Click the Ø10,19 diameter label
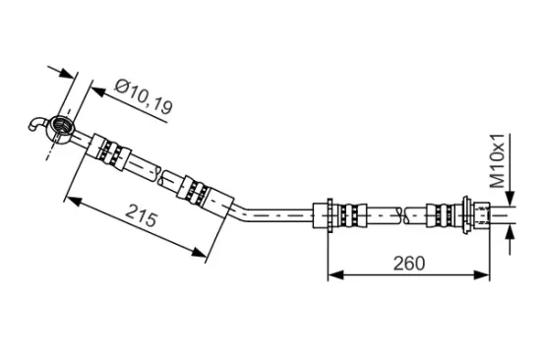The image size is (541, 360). [143, 97]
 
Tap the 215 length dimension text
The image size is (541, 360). [141, 215]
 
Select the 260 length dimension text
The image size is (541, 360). [409, 264]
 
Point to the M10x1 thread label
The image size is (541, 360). [497, 161]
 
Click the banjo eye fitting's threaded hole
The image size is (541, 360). [62, 125]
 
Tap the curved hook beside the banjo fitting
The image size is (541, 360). [36, 124]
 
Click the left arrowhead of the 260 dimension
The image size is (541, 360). [335, 275]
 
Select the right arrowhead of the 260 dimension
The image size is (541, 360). [482, 275]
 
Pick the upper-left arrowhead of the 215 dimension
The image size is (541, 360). [74, 201]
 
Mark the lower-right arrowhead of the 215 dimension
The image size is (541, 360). [200, 252]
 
